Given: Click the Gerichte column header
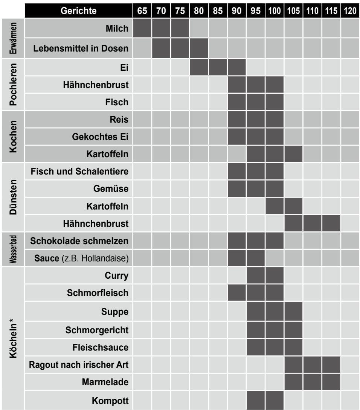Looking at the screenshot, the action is [x=79, y=11].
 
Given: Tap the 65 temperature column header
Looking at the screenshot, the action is [x=142, y=11].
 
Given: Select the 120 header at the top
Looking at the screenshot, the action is [x=350, y=11].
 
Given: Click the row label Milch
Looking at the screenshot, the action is [x=117, y=28].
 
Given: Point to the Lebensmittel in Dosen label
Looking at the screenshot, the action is [x=81, y=49].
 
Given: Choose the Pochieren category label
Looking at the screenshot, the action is [x=13, y=85].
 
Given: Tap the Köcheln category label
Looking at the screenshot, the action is [x=13, y=338].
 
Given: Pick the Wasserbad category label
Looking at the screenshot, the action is [x=13, y=249].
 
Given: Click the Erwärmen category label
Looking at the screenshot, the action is [x=13, y=38].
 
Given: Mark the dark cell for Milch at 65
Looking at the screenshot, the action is [x=142, y=28].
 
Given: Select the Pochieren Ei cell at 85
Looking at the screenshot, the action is [x=218, y=67].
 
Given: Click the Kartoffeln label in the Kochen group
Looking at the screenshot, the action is [x=107, y=154].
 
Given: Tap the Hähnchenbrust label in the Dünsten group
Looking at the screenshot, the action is [x=96, y=223].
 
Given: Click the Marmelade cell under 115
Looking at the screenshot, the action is [x=331, y=382].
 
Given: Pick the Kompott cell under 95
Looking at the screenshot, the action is [x=256, y=400].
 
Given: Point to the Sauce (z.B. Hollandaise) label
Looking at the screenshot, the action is [x=81, y=258].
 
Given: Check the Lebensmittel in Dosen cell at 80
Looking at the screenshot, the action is [x=199, y=48].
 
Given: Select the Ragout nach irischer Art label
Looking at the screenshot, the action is [x=79, y=365].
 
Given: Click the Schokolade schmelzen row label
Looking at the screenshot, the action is [x=79, y=241].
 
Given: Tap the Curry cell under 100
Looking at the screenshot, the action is [x=275, y=275].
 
